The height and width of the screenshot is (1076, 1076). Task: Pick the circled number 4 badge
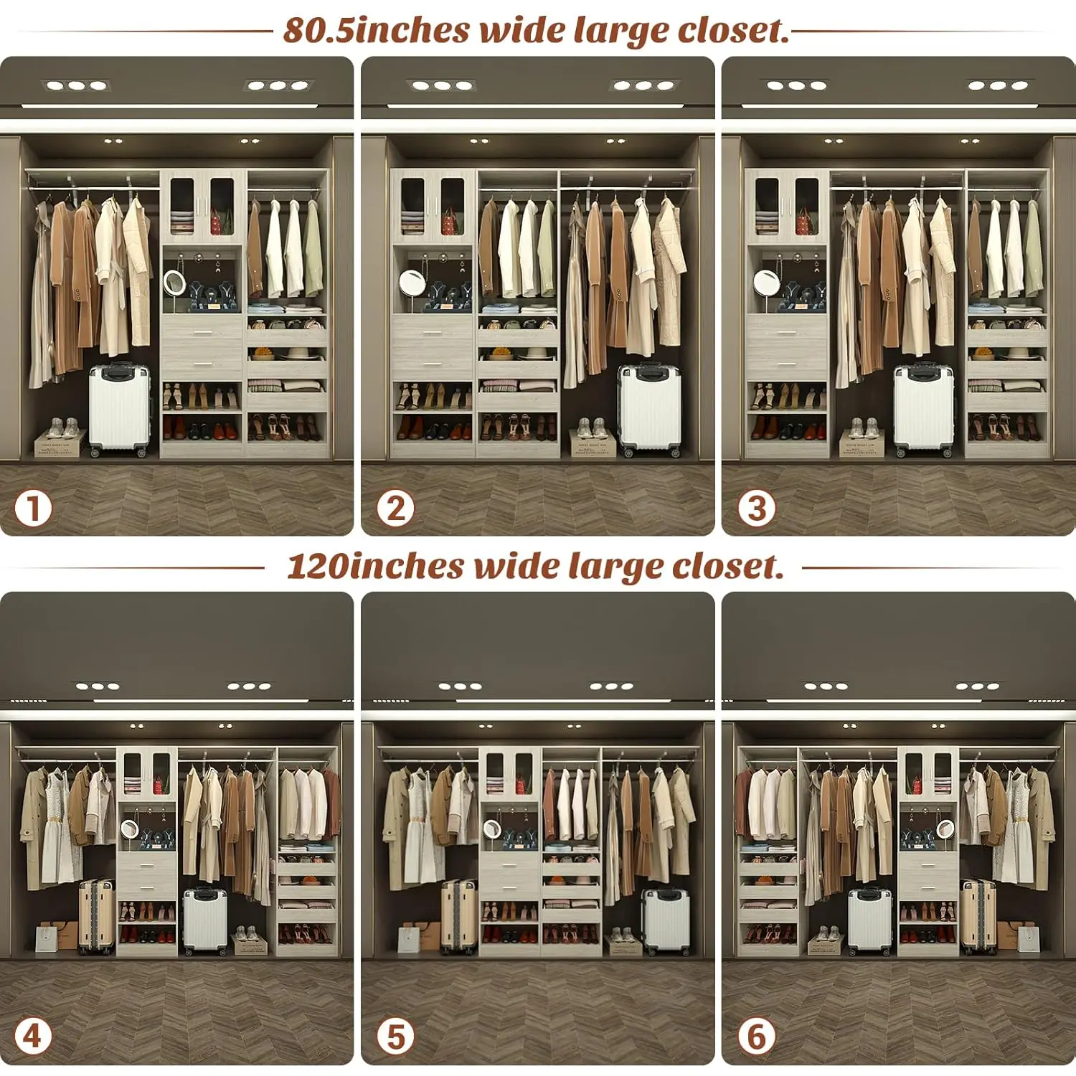point(33,1037)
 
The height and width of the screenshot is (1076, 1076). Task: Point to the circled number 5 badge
point(395,1037)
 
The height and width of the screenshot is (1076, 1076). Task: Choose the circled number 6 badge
point(757,1037)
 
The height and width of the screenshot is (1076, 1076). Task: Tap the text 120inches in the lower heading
point(375,566)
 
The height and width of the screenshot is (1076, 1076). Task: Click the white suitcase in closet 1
point(120,409)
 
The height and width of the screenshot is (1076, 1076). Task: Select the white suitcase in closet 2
point(649,409)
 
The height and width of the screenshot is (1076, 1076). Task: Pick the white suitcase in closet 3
point(924,409)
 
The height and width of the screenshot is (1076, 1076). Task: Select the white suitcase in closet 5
point(665,920)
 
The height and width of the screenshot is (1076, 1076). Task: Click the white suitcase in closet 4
point(205,920)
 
